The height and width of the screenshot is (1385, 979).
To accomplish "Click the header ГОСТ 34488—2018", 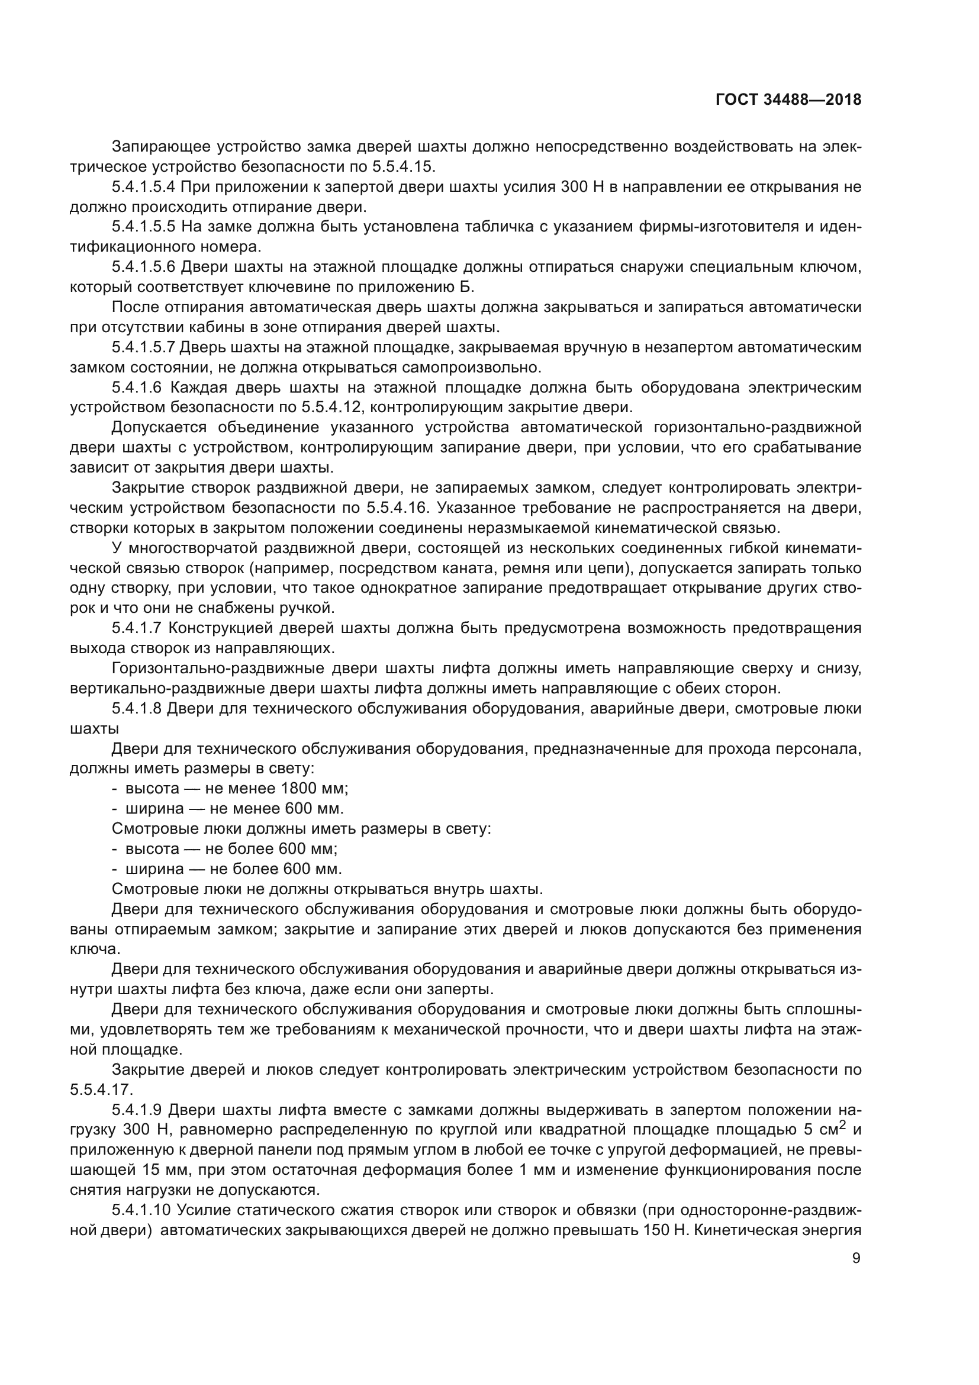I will [788, 100].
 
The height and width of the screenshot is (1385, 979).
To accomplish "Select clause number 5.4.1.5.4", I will [143, 187].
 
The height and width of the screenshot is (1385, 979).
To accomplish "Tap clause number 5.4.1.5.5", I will [143, 227].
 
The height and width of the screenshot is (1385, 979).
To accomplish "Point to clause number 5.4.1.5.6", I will [143, 267].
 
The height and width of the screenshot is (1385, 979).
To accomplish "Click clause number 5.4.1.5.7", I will [143, 348].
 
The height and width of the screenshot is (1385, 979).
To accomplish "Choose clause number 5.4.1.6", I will [136, 387].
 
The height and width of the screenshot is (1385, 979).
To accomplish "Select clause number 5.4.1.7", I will [136, 628].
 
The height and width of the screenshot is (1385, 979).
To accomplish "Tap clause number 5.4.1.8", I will [136, 708].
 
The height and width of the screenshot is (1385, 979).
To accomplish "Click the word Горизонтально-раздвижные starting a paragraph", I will [214, 669].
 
